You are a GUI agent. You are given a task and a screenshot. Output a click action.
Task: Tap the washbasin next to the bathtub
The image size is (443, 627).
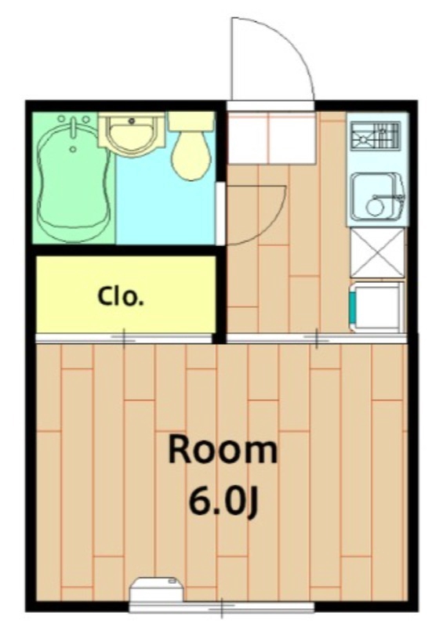pyautogui.click(x=131, y=135)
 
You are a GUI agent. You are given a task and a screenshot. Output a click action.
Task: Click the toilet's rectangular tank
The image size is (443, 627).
pyautogui.click(x=191, y=121)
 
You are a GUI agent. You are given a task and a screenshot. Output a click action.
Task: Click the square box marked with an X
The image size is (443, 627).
pyautogui.click(x=377, y=253)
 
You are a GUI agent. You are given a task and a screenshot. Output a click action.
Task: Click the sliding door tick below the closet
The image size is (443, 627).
pyautogui.click(x=124, y=338)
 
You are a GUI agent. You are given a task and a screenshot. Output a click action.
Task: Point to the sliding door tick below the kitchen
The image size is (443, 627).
pyautogui.click(x=317, y=339)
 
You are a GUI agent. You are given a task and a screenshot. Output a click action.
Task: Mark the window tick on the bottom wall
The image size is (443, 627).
pyautogui.click(x=223, y=606)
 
